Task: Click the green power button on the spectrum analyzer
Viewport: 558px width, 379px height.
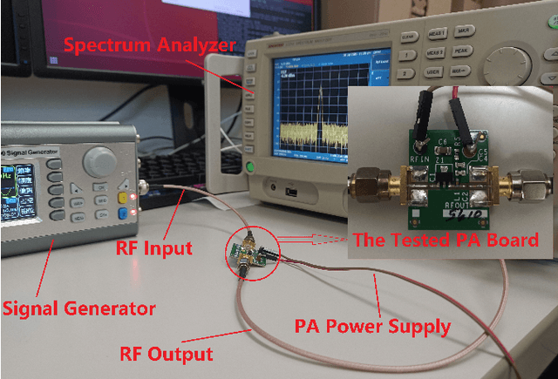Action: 251,167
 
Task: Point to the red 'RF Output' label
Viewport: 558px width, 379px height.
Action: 167,354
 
